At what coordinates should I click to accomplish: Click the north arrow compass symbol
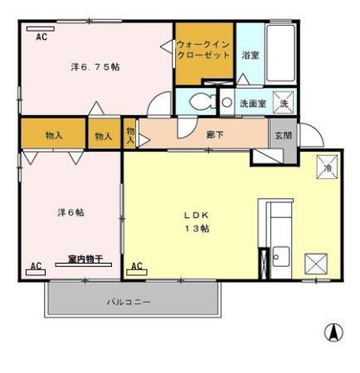[x=333, y=332]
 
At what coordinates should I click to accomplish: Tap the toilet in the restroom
[x=202, y=101]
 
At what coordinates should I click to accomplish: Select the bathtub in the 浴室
[x=280, y=53]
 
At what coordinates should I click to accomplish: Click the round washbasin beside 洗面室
[x=227, y=103]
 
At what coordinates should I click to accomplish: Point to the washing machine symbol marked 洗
[x=284, y=103]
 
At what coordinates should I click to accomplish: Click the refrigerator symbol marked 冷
[x=327, y=167]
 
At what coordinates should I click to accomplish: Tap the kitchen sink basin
[x=281, y=257]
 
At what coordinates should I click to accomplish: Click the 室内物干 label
[x=85, y=259]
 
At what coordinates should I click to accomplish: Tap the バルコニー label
[x=129, y=302]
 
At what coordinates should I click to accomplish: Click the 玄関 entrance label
[x=284, y=135]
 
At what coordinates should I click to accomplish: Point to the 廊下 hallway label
[x=215, y=134]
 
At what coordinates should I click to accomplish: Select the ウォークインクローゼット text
[x=203, y=50]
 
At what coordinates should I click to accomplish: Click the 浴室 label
[x=251, y=55]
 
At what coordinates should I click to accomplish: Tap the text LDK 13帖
[x=197, y=222]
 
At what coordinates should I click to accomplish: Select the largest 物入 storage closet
[x=53, y=133]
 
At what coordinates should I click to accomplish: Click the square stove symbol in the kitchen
[x=316, y=264]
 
